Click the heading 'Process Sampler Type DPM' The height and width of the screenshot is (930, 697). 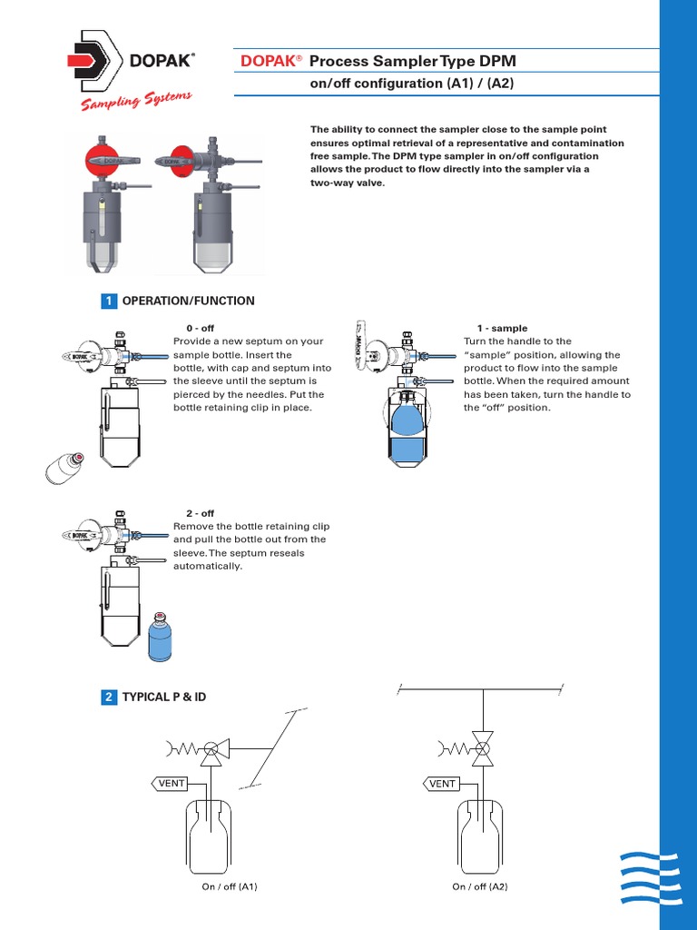coord(413,61)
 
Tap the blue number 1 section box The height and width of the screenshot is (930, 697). coord(109,301)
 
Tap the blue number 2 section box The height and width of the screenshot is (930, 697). coord(109,697)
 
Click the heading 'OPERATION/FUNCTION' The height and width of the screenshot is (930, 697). coord(189,301)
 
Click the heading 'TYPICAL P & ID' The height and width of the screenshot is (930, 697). coord(164,697)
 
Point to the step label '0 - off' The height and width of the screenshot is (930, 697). coord(201,328)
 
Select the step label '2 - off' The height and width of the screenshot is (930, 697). coord(201,513)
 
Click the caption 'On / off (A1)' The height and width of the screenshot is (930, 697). coord(230,886)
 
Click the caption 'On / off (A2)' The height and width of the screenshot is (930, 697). coord(480,886)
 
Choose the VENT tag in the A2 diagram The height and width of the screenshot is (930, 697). coord(441,783)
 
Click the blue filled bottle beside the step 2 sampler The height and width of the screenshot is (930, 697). coord(160,637)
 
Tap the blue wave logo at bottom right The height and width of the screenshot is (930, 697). coord(649,878)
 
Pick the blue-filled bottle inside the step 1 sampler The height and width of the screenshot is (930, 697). coord(407,431)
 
